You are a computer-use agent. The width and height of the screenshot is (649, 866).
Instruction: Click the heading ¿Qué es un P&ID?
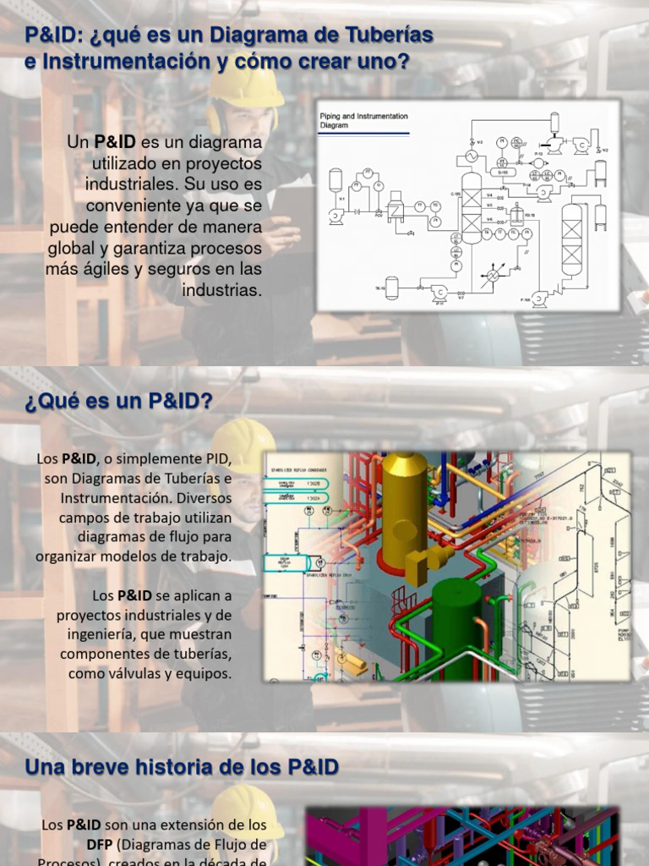pos(118,402)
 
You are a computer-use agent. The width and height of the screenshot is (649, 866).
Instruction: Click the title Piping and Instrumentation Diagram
pos(363,120)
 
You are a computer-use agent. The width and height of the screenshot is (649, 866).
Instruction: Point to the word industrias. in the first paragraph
pos(222,290)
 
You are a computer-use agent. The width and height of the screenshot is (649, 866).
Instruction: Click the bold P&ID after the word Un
pos(115,142)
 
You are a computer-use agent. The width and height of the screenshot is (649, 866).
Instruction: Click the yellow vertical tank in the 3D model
pos(404,507)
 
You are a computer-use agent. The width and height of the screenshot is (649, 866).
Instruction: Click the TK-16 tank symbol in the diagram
pos(391,288)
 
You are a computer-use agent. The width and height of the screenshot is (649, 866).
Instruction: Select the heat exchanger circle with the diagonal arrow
pos(490,277)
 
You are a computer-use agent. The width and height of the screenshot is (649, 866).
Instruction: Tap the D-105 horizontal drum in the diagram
pos(502,172)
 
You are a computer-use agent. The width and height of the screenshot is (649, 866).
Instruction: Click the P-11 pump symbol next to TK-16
pos(439,293)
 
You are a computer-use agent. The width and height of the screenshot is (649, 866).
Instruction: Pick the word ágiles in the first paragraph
pos(106,269)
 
